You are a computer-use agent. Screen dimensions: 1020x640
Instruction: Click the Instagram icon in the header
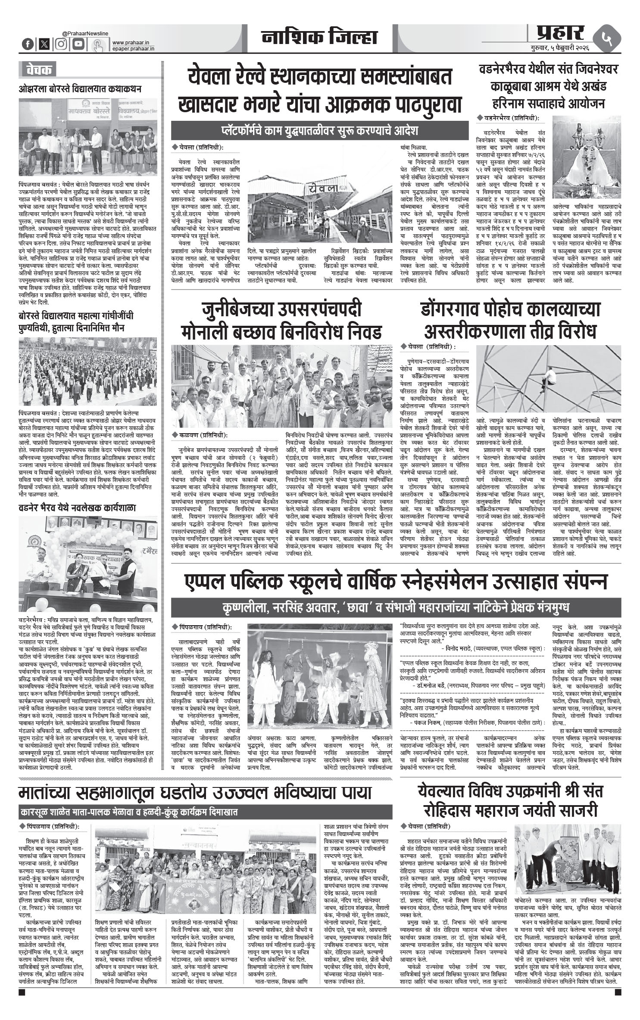pos(62,44)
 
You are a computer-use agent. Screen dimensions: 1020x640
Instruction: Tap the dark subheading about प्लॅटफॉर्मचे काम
pos(319,130)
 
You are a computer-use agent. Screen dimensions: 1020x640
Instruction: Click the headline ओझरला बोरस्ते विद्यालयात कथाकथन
pos(80,89)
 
